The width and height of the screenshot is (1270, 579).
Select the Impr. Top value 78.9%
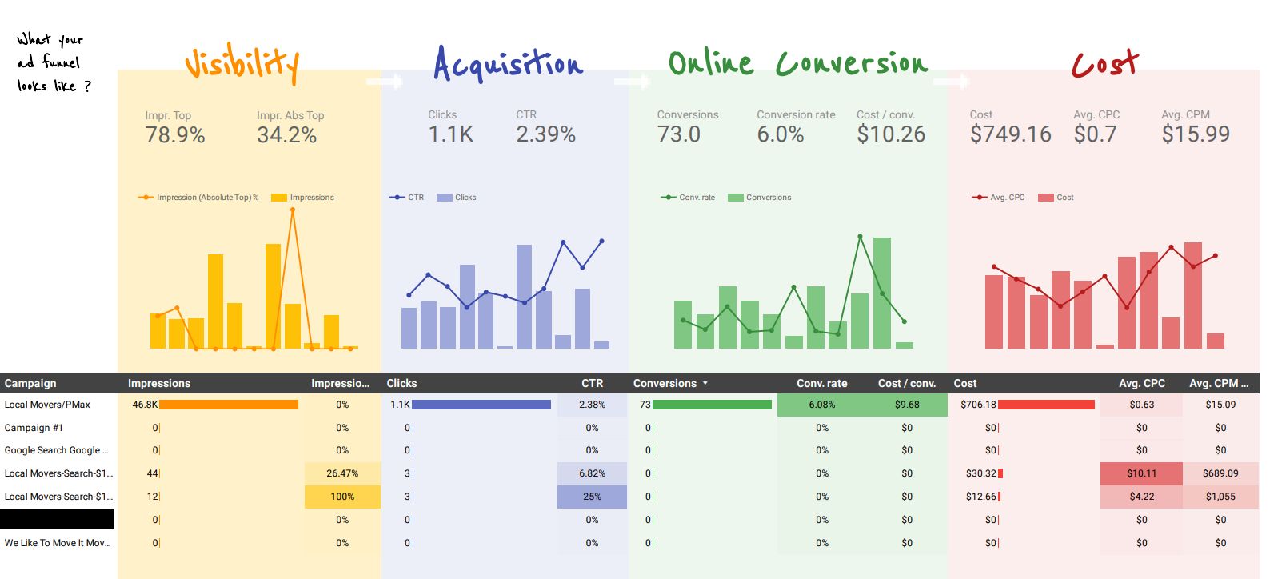pyautogui.click(x=175, y=135)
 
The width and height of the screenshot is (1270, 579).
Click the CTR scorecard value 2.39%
pyautogui.click(x=545, y=134)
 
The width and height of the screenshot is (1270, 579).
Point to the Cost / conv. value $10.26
pyautogui.click(x=890, y=134)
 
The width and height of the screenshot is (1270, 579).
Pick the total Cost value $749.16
pyautogui.click(x=1010, y=134)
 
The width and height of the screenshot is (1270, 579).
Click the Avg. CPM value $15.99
pyautogui.click(x=1195, y=134)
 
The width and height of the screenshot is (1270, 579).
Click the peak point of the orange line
pyautogui.click(x=293, y=210)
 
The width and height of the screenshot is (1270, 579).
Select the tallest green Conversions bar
pyautogui.click(x=882, y=292)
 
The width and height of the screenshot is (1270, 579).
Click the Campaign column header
pyautogui.click(x=30, y=383)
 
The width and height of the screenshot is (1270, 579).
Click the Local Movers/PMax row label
pyautogui.click(x=47, y=405)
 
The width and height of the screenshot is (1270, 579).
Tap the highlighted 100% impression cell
pyautogui.click(x=342, y=497)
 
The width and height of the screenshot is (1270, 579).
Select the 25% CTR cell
pyautogui.click(x=592, y=497)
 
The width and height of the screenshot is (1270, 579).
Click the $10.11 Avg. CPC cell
pyautogui.click(x=1141, y=473)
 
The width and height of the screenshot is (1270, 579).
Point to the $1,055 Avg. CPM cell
pyautogui.click(x=1220, y=497)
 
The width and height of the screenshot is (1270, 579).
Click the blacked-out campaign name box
pyautogui.click(x=57, y=519)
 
